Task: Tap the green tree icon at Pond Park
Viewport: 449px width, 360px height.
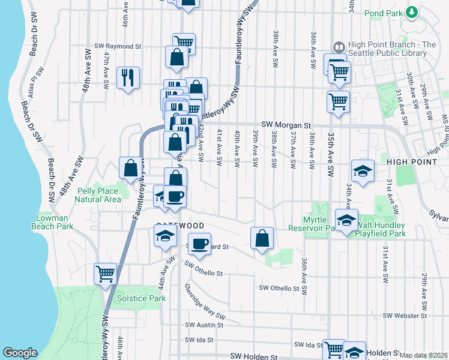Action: [x=412, y=12]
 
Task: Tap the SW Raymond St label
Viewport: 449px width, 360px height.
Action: [x=118, y=46]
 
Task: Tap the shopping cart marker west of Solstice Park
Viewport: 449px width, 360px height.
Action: [x=106, y=274]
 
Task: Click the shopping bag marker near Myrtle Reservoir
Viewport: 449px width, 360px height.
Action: [x=262, y=238]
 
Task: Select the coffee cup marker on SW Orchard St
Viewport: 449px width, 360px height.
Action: [x=200, y=243]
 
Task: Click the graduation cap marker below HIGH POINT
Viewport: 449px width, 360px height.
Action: [x=363, y=171]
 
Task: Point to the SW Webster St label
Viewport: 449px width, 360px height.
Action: [x=406, y=316]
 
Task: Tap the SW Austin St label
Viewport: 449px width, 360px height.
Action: [x=204, y=325]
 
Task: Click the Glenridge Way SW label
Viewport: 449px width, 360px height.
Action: [x=205, y=302]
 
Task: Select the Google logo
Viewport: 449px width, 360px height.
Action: [x=20, y=353]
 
